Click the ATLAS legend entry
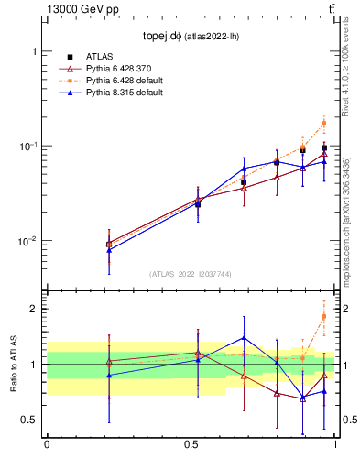pyautogui.click(x=99, y=57)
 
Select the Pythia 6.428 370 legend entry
pyautogui.click(x=115, y=69)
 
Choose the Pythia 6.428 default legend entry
pyautogui.click(x=118, y=81)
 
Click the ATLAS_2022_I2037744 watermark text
pyautogui.click(x=190, y=274)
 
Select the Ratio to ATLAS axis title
pyautogui.click(x=13, y=365)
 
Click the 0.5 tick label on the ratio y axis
pyautogui.click(x=30, y=420)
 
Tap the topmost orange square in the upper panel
pyautogui.click(x=323, y=123)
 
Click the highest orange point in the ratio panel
pyautogui.click(x=323, y=317)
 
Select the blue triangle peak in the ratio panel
pyautogui.click(x=244, y=338)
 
